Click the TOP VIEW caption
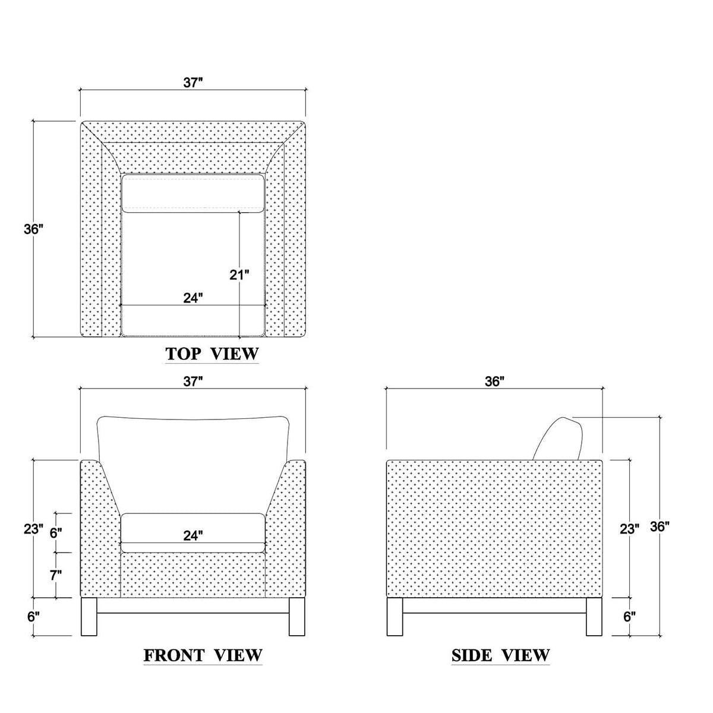212,354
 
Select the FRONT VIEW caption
203,656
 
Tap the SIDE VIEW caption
500,656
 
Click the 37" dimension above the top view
193,83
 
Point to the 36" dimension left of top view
34,229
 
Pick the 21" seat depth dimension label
239,275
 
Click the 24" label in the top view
193,298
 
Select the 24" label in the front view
193,535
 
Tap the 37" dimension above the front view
193,381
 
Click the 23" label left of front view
34,529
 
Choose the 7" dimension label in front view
56,575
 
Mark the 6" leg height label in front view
34,616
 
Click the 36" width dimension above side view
494,381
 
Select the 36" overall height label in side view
660,526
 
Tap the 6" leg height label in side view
629,616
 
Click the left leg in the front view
89,617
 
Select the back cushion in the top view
193,193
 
